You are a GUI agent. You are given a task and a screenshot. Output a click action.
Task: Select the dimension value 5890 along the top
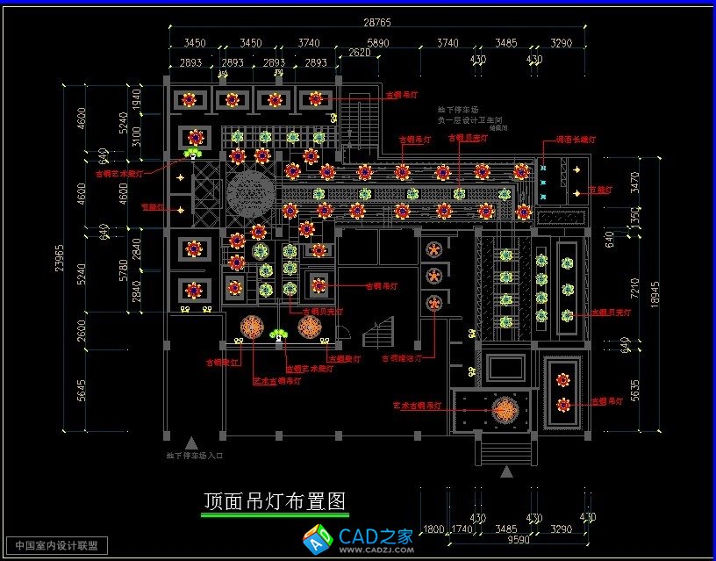pos(377,43)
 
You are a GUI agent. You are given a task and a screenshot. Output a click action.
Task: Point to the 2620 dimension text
pos(359,53)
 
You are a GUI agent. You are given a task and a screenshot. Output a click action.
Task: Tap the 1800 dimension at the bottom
pos(434,529)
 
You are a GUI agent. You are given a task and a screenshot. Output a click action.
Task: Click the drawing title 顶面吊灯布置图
pos(275,501)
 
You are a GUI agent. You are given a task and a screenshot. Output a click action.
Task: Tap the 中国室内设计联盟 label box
pos(56,545)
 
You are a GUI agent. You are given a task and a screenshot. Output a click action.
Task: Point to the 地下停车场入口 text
pos(195,456)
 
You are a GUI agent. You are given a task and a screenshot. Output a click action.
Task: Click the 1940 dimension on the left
pos(136,97)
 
